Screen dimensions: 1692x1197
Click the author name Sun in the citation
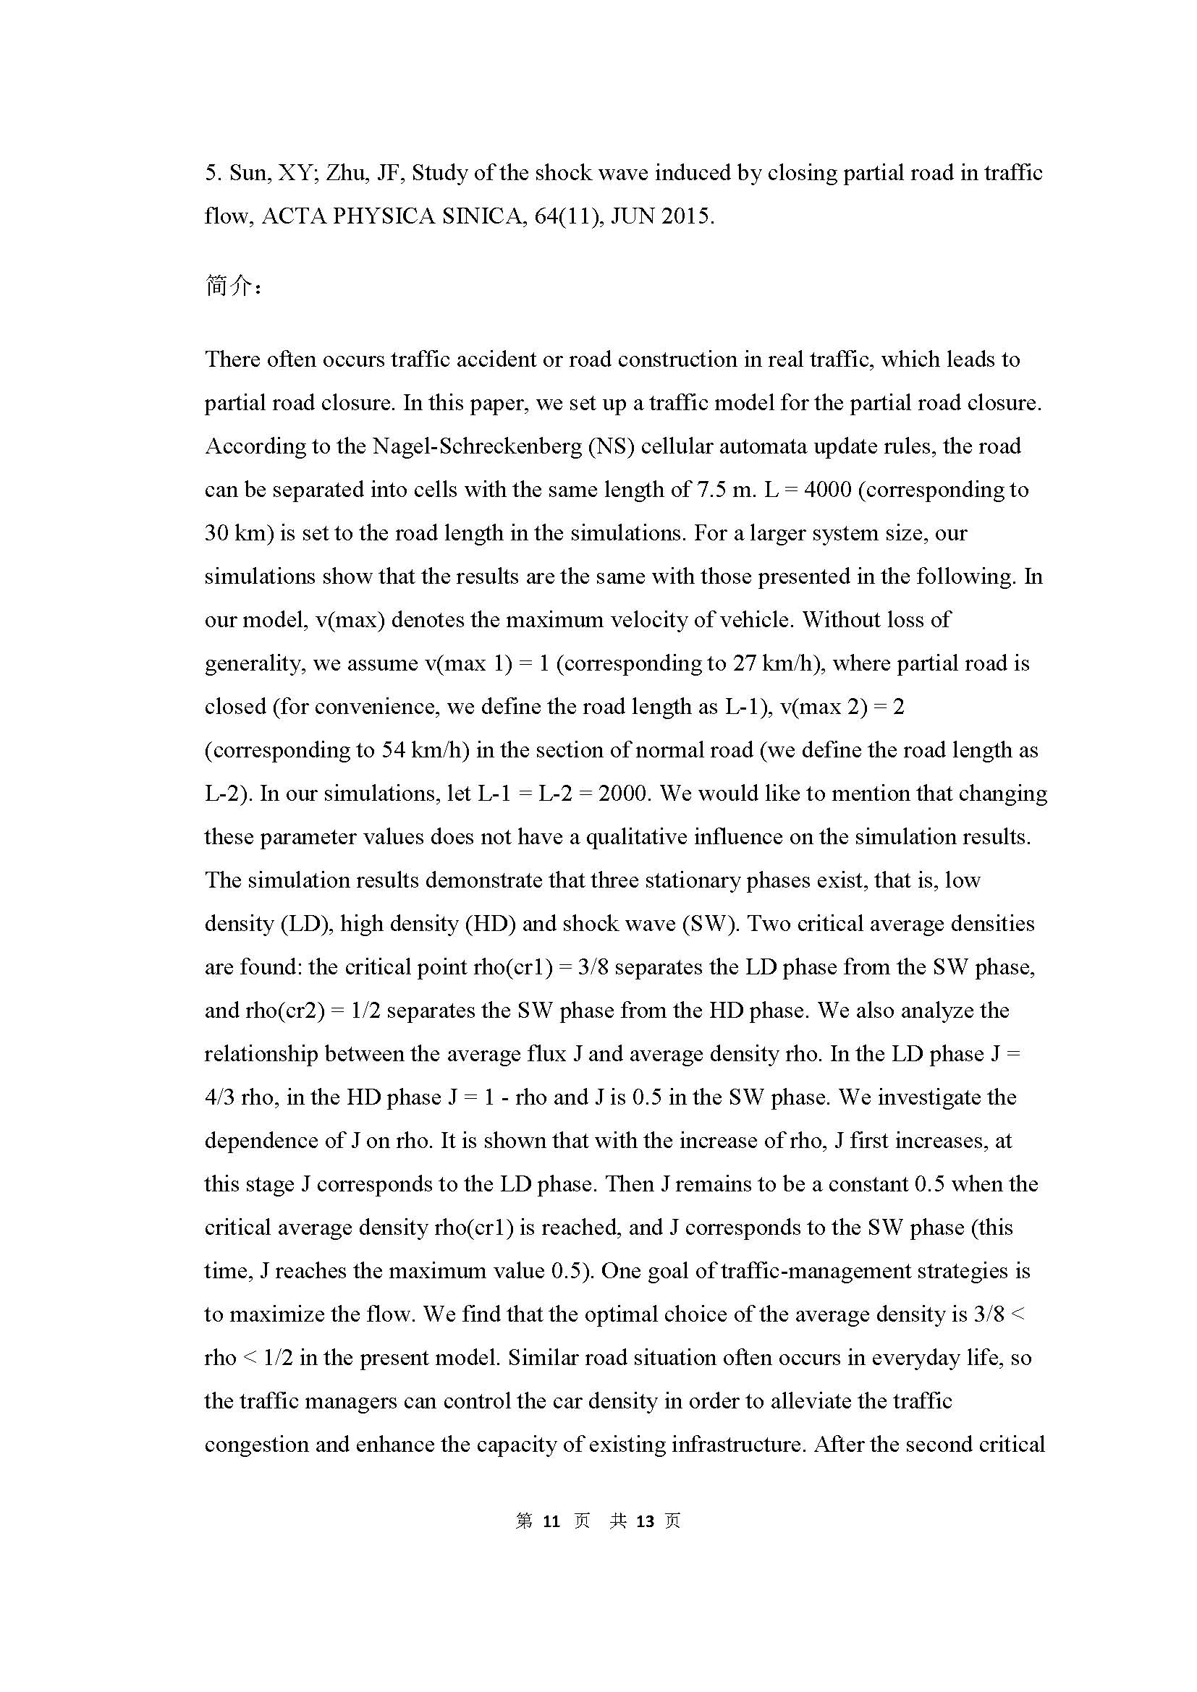pyautogui.click(x=250, y=173)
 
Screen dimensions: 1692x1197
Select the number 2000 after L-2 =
pyautogui.click(x=624, y=794)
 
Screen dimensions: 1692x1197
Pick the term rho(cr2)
pyautogui.click(x=286, y=1011)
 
